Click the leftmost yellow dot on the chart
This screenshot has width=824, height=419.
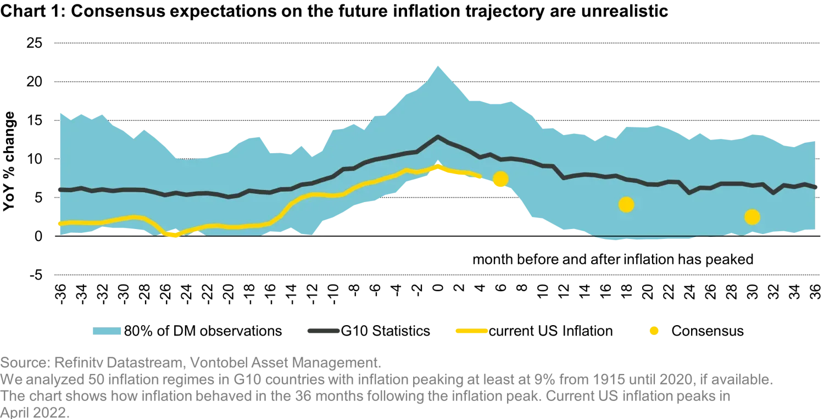coord(500,179)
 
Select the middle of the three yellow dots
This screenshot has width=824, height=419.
coord(626,205)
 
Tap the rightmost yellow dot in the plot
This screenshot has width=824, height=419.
coord(752,217)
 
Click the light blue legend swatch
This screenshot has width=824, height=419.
coord(107,331)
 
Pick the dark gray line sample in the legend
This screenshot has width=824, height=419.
coord(322,331)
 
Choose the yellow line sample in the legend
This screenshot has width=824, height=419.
coord(471,331)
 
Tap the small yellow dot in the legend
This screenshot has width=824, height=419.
coord(654,331)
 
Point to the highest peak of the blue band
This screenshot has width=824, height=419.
coord(437,64)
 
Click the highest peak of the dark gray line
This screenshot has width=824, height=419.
coord(438,136)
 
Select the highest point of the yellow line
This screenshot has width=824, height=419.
coord(437,165)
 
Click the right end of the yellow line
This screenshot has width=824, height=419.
coord(481,176)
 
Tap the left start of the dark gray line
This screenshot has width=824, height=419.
coord(58,189)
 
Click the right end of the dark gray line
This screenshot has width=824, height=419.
coord(816,188)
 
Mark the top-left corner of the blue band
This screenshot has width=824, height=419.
coord(58,111)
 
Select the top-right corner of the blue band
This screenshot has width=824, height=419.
coord(816,142)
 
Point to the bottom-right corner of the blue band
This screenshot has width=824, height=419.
coord(816,232)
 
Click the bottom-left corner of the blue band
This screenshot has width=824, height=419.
coord(58,235)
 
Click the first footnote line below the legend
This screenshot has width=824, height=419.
coord(190,362)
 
